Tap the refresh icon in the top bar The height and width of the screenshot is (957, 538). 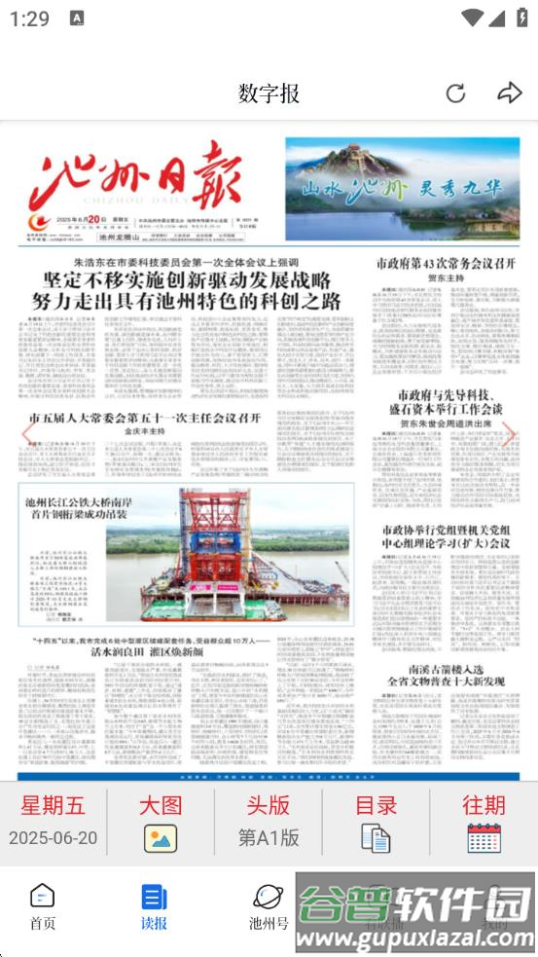click(x=455, y=93)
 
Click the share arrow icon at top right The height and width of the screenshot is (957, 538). click(x=509, y=93)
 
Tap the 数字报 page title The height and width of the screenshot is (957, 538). click(x=269, y=93)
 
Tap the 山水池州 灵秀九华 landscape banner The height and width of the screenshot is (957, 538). click(x=402, y=188)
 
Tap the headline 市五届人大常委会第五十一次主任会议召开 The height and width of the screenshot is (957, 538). click(x=145, y=418)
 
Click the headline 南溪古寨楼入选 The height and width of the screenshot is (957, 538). click(x=447, y=671)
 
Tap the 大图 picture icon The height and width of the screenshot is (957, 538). click(x=161, y=838)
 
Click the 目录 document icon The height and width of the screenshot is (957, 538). click(x=376, y=838)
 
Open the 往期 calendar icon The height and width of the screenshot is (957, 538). click(x=484, y=838)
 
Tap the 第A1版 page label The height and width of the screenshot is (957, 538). click(x=269, y=838)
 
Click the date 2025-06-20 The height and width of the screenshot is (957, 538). click(x=54, y=838)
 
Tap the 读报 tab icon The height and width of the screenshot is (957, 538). click(x=154, y=896)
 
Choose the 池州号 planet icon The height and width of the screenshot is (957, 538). click(x=268, y=896)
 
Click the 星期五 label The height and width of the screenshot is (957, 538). click(x=54, y=805)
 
